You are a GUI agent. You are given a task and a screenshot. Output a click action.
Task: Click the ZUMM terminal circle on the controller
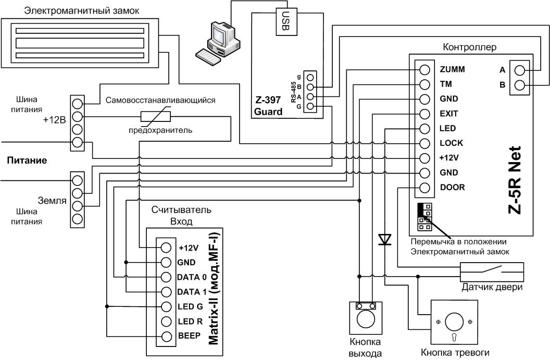(x=424, y=70)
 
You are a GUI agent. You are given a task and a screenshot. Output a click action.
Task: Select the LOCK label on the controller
(x=451, y=143)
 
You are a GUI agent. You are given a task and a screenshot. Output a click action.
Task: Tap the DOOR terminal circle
(x=424, y=188)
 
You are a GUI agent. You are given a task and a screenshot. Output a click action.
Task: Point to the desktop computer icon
(x=218, y=43)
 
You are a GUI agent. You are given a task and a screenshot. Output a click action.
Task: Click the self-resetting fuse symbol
(x=155, y=117)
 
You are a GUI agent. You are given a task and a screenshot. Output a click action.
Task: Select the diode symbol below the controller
(x=385, y=240)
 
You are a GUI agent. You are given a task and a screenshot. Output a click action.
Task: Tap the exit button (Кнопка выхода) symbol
(x=366, y=318)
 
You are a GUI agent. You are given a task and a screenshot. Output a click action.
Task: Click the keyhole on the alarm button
(x=454, y=337)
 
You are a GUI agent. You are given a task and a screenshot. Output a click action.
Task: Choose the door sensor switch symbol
(x=492, y=271)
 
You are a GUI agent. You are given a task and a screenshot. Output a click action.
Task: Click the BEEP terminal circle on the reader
(x=166, y=336)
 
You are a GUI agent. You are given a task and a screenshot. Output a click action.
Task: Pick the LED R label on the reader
(x=190, y=321)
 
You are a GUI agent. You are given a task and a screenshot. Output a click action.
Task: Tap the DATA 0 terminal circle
(x=166, y=277)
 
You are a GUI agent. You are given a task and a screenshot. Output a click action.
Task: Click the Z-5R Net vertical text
(x=515, y=180)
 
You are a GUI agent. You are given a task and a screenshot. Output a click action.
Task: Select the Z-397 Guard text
(x=268, y=106)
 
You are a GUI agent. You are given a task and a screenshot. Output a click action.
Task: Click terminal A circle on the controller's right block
(x=519, y=70)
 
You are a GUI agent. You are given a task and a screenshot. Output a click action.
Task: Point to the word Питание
(x=27, y=160)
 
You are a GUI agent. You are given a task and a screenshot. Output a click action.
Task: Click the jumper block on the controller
(x=424, y=217)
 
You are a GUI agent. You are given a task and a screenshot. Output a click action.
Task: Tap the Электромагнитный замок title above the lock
(x=81, y=11)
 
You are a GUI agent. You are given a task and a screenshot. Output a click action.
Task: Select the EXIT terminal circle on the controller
(x=424, y=114)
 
